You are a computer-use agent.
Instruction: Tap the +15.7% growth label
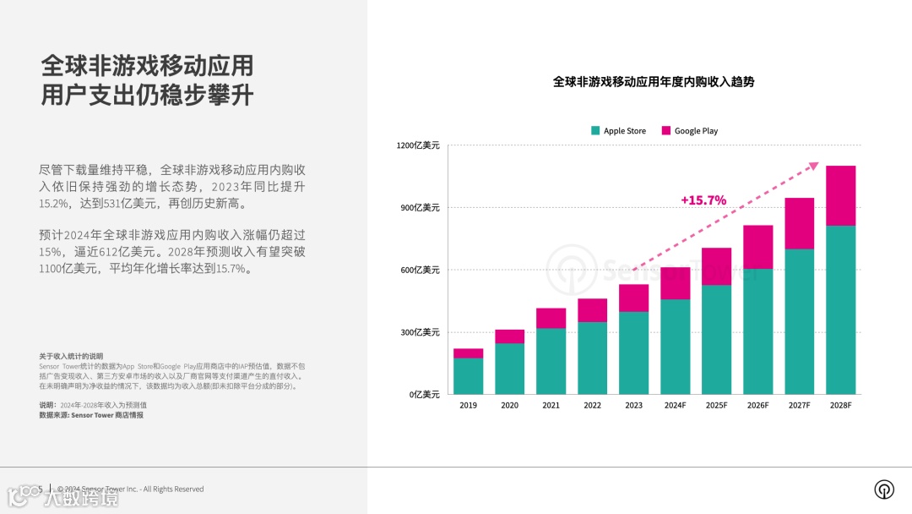[703, 200]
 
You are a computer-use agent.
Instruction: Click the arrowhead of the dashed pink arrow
[814, 166]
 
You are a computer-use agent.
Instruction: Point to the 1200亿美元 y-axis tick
[418, 145]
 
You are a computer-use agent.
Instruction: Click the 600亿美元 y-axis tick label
[420, 271]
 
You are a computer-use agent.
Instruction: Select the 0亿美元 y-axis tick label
[423, 395]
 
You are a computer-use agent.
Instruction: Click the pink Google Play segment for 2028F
[840, 195]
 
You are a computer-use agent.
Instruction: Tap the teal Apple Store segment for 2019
[469, 376]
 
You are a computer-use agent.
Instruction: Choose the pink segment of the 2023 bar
[633, 298]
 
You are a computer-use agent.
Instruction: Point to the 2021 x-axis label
[551, 406]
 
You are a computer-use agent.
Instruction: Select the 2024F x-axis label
[675, 406]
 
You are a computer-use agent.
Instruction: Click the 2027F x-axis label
[799, 406]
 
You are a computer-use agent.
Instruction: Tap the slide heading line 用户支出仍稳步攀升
[147, 95]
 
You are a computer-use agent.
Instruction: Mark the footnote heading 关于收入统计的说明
[71, 356]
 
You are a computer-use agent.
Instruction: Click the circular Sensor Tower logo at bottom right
[884, 489]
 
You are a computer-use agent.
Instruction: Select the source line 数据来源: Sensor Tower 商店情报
[91, 415]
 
